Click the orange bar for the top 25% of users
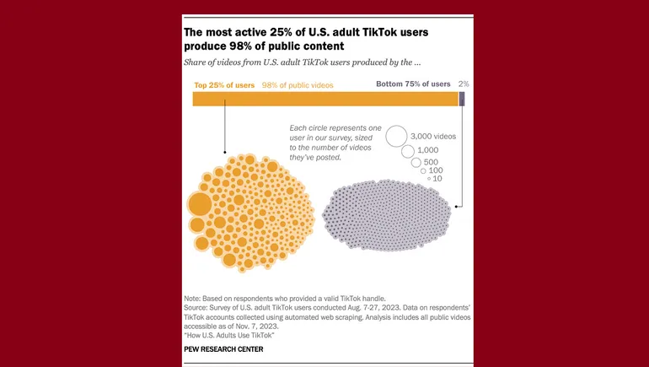coord(324,99)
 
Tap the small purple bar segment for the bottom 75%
coord(462,99)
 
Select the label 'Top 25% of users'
coord(225,84)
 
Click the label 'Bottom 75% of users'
coord(413,84)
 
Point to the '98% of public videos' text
coord(298,84)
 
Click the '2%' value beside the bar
coord(464,84)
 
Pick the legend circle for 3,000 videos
coord(396,135)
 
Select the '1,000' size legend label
coord(428,149)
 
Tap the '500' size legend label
coord(431,161)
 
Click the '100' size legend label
coord(436,170)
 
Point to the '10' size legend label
coord(437,179)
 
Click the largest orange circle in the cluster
coord(200,204)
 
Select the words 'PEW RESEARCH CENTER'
coord(223,348)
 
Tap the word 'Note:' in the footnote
coord(193,300)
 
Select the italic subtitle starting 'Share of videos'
coord(302,63)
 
